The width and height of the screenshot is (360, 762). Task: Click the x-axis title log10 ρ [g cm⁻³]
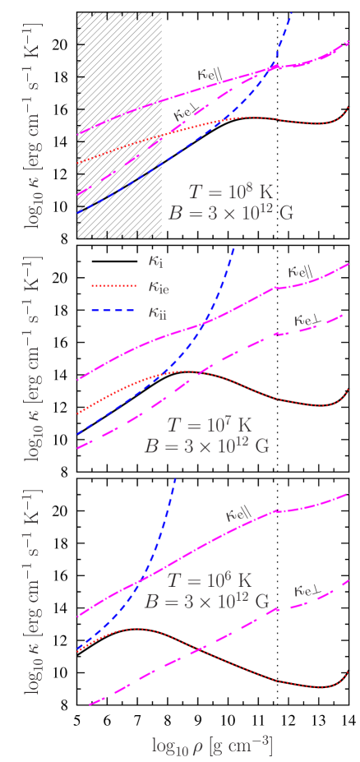tap(212, 746)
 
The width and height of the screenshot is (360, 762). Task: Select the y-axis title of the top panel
tap(35, 126)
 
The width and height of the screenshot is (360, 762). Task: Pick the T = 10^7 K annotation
tap(206, 425)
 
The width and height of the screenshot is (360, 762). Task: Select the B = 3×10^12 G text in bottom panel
tap(206, 601)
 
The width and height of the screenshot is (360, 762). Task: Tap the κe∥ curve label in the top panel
tap(212, 72)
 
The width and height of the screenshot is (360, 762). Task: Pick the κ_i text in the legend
tap(155, 261)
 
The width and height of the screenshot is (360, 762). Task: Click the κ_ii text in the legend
tap(158, 312)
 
